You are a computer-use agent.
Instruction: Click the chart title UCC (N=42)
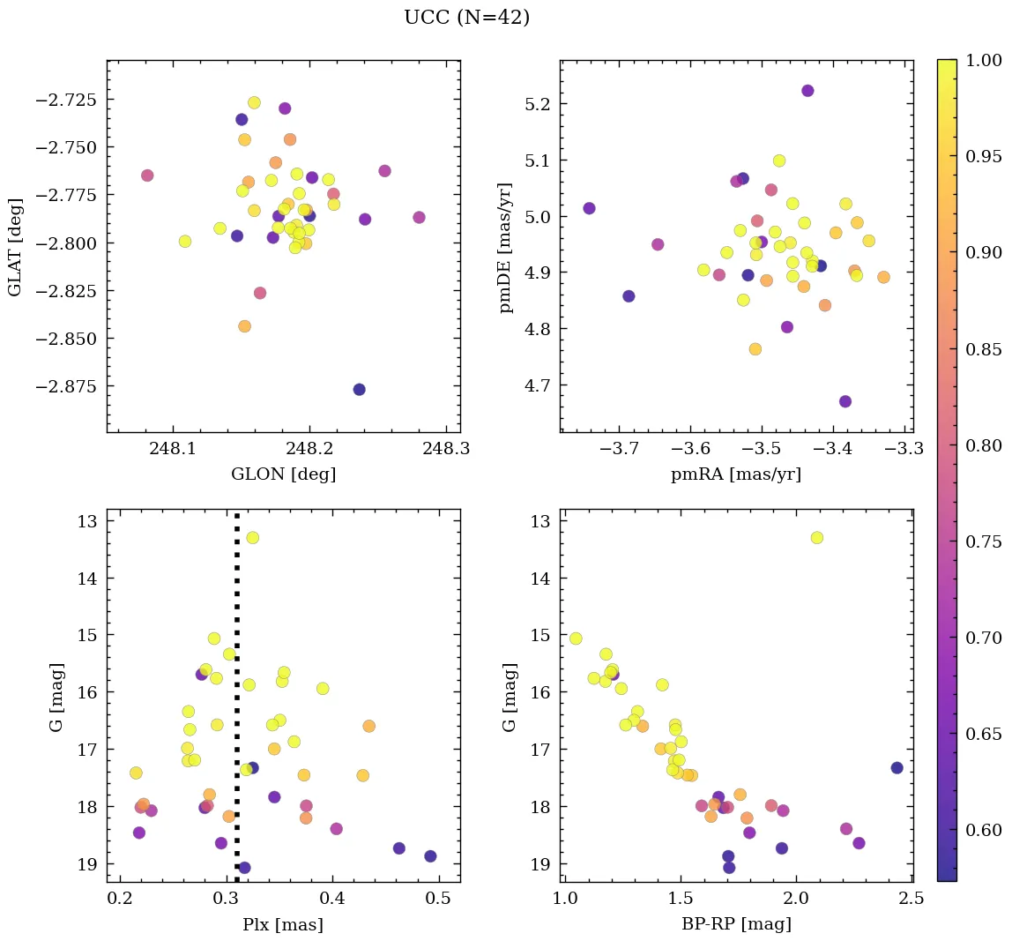point(466,18)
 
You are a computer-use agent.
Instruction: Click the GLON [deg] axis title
point(283,474)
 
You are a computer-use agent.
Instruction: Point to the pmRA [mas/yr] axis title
point(735,474)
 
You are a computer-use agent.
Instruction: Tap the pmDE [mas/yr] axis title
point(505,248)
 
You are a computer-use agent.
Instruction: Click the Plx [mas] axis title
point(282,924)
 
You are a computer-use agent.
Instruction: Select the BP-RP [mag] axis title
point(736,924)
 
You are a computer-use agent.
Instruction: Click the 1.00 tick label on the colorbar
point(983,60)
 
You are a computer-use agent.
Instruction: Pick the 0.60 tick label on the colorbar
point(983,830)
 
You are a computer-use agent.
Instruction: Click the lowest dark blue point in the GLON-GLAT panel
point(359,389)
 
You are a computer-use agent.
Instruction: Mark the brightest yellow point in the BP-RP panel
point(816,537)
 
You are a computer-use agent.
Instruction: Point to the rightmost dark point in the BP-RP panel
point(897,767)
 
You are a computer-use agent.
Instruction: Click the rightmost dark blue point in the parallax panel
point(430,855)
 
